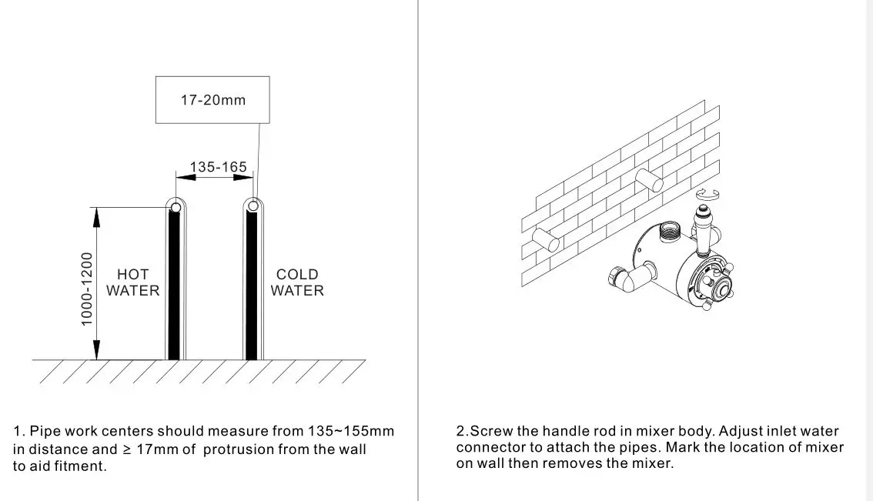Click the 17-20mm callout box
pos(212,100)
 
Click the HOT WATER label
pos(133,282)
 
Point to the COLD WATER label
pos(297,282)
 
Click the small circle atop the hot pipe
pos(176,207)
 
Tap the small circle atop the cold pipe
pos(251,206)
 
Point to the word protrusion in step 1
pos(238,449)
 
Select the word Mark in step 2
pos(681,447)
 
